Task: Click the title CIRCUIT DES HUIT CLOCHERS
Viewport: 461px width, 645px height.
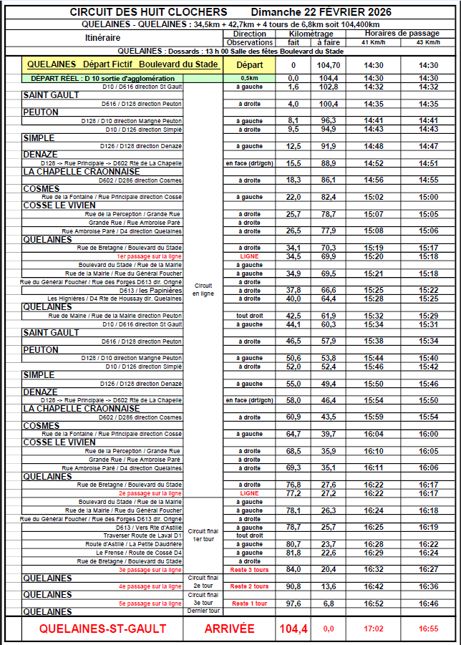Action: tap(150, 12)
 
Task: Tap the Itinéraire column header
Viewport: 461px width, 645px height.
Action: tap(102, 38)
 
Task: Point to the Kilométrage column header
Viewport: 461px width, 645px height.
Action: tap(311, 34)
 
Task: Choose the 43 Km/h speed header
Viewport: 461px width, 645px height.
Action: tap(429, 42)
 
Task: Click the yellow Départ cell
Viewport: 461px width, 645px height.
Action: tap(249, 64)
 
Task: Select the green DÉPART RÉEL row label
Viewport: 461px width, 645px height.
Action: tap(103, 78)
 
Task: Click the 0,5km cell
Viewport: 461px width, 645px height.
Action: tap(249, 78)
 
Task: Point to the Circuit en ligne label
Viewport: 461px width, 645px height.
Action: tap(203, 288)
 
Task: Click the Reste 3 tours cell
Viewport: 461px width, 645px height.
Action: tap(249, 569)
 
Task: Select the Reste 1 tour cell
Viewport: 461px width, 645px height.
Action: tap(249, 603)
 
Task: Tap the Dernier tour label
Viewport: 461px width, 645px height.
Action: tap(203, 611)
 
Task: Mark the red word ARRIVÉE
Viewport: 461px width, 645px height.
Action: tap(230, 629)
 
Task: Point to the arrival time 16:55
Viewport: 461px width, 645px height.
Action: tap(429, 629)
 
